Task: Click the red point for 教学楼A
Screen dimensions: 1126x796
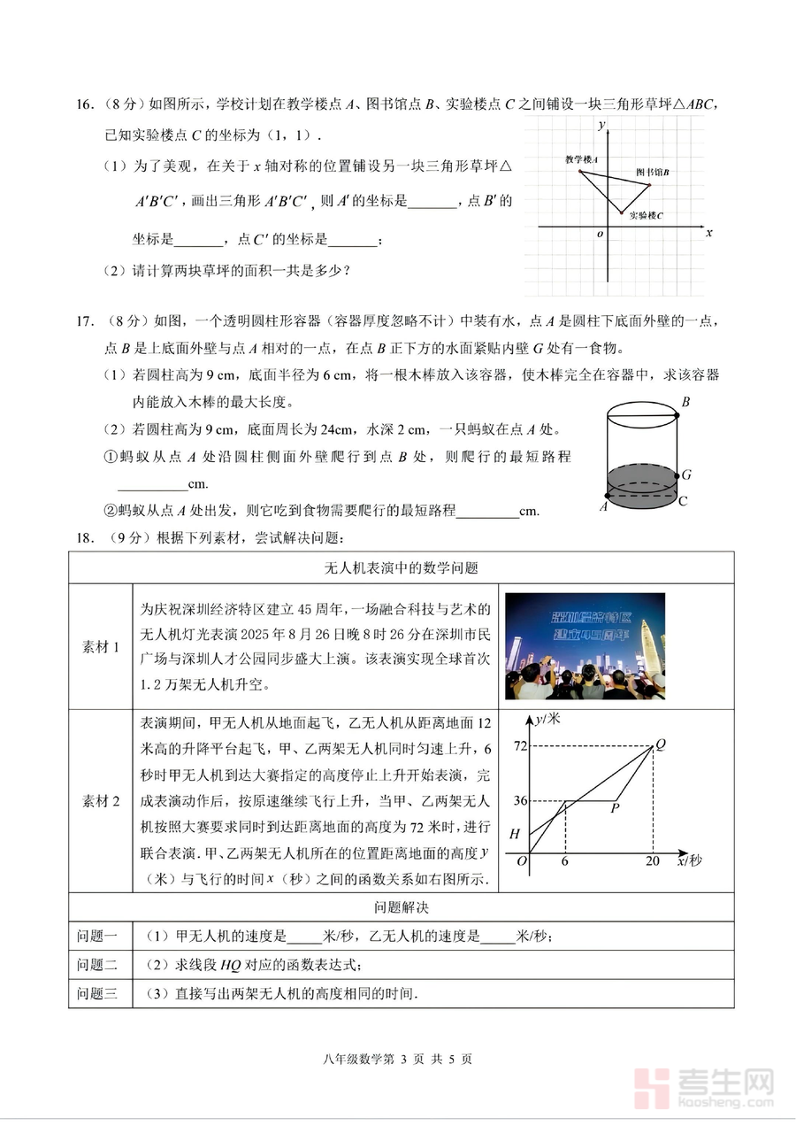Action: [x=581, y=171]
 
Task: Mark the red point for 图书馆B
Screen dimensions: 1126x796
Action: [x=648, y=185]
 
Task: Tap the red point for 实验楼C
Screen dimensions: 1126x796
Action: [x=620, y=213]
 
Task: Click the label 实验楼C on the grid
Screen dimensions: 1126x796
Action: [x=647, y=216]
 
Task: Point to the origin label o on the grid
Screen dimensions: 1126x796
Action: [x=601, y=235]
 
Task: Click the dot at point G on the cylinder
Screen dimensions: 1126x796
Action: [x=675, y=475]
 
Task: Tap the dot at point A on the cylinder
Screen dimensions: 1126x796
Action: [x=607, y=496]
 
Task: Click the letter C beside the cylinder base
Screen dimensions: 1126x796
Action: [x=682, y=501]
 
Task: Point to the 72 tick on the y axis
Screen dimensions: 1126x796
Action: [x=520, y=746]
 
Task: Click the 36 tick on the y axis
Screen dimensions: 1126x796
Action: [x=520, y=801]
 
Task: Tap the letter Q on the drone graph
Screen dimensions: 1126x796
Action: [x=660, y=743]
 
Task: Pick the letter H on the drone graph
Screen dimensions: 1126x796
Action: [x=515, y=834]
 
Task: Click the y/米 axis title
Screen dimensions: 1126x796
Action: [x=548, y=718]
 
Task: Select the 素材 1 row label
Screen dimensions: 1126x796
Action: [x=100, y=647]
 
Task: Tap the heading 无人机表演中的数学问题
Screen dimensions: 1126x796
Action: [x=401, y=567]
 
